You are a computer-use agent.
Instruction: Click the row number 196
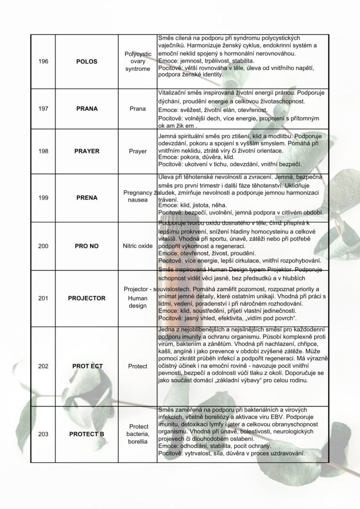tap(43, 62)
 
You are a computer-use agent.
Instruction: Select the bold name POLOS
tap(87, 62)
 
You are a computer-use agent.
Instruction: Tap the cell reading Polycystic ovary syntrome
tap(137, 62)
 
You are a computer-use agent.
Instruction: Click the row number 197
tap(43, 108)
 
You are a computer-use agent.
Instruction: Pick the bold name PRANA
tap(87, 108)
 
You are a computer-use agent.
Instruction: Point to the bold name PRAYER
tap(87, 150)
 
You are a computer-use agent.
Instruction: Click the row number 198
tap(43, 150)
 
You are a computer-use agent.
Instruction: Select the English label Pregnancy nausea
tap(137, 197)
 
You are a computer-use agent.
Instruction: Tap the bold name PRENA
tap(87, 197)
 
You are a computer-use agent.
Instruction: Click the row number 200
tap(43, 246)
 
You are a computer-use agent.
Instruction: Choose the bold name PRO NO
tap(87, 246)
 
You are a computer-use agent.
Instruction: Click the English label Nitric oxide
tap(137, 246)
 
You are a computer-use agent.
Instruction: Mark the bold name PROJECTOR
tap(87, 298)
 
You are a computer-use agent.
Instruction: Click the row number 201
tap(43, 298)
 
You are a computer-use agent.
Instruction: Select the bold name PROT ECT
tap(87, 366)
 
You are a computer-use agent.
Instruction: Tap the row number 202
tap(43, 366)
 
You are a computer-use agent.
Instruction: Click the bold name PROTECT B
tap(87, 434)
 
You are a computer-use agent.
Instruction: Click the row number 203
tap(43, 434)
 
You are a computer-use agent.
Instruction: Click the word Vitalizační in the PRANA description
tap(172, 93)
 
